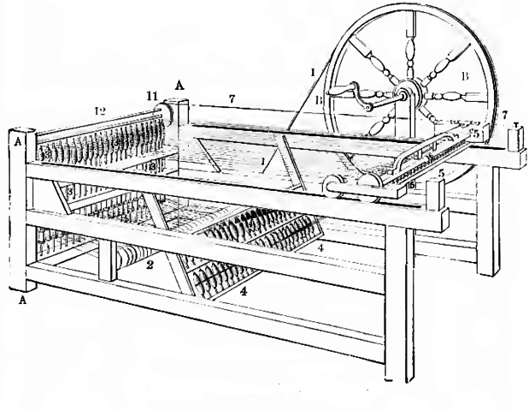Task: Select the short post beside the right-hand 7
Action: click(x=517, y=137)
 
